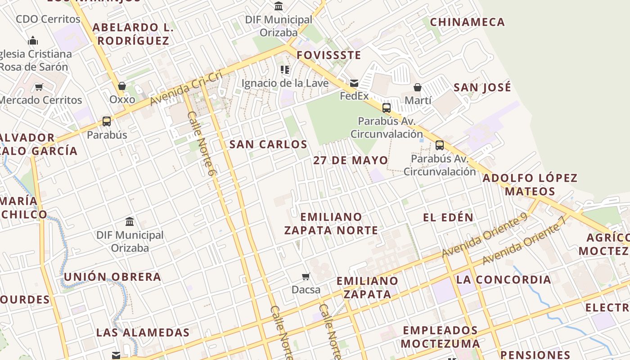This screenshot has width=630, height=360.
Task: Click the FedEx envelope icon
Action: point(354,83)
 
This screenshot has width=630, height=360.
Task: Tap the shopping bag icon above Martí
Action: point(418,87)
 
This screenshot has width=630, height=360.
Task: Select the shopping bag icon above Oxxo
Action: point(121,86)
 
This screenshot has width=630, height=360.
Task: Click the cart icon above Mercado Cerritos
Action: point(39,87)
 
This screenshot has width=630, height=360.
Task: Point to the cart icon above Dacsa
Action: point(306,276)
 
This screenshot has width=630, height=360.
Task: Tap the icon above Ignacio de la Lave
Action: point(284,70)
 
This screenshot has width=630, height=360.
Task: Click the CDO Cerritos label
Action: point(48,19)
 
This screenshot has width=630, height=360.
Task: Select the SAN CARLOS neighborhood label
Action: point(268,144)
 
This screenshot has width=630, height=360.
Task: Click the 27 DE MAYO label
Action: point(351,161)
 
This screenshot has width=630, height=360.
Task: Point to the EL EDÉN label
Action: point(448,217)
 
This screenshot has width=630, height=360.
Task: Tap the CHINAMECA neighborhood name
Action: point(468,22)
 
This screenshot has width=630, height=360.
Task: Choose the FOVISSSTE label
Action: point(329,55)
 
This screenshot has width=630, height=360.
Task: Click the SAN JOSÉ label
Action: point(482,87)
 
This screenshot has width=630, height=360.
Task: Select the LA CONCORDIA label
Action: point(504,279)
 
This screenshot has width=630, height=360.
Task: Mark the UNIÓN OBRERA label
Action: point(112,277)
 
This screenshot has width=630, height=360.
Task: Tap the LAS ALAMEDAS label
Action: point(143,333)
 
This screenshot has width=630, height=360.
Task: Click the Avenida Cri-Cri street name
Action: point(186,88)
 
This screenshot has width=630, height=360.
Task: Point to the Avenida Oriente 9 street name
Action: point(485,235)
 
